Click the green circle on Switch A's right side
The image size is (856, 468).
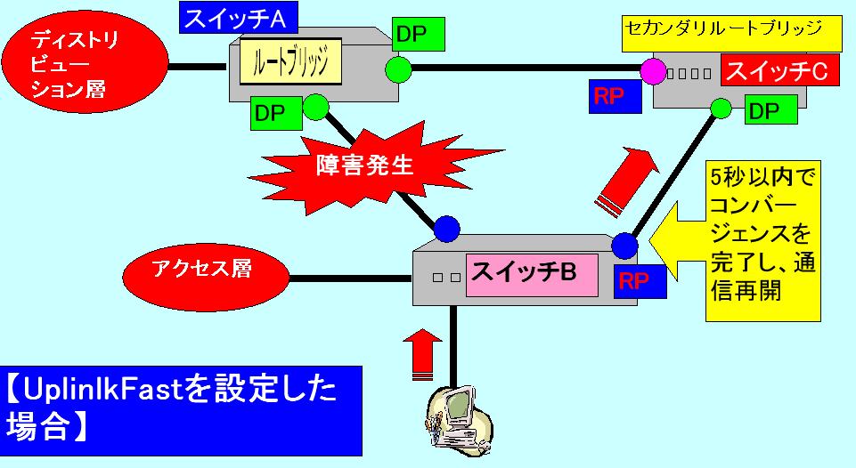coord(398,68)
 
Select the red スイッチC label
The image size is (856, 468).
coord(779,72)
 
